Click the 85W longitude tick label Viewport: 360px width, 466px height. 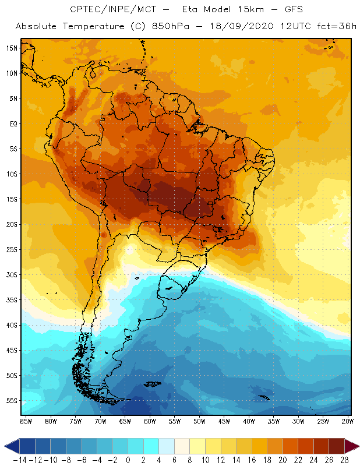(x=26, y=421)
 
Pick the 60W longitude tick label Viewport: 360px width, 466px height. (x=150, y=421)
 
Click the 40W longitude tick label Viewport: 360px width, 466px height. (x=250, y=421)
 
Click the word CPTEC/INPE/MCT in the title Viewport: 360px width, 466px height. (x=107, y=10)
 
